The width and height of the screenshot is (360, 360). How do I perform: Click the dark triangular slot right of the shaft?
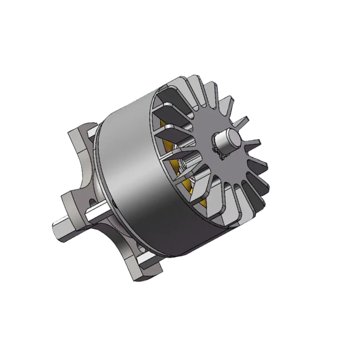[x=250, y=148]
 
